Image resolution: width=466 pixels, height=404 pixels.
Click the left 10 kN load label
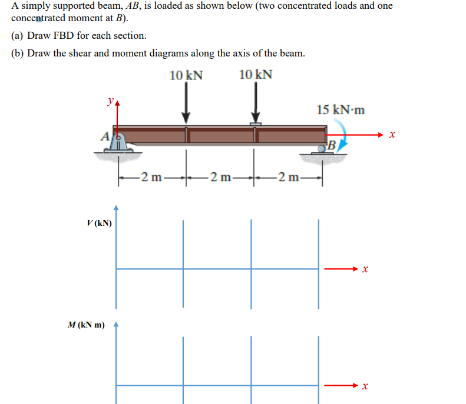pyautogui.click(x=186, y=75)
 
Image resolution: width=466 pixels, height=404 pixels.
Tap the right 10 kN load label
pyautogui.click(x=256, y=75)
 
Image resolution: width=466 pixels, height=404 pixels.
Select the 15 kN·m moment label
pyautogui.click(x=340, y=110)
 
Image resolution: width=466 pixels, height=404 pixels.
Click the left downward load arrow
pyautogui.click(x=186, y=103)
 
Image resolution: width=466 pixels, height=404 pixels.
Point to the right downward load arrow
pyautogui.click(x=256, y=103)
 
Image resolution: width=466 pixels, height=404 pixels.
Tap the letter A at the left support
pyautogui.click(x=105, y=136)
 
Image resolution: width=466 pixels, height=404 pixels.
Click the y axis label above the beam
pyautogui.click(x=109, y=101)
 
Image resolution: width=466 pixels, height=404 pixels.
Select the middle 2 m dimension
pyautogui.click(x=220, y=175)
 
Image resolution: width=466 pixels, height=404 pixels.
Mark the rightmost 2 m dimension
pyautogui.click(x=289, y=175)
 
